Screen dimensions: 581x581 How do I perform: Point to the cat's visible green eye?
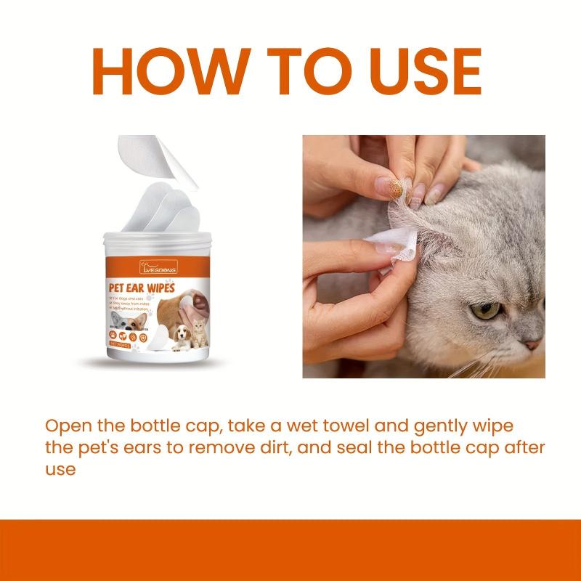tap(484, 312)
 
